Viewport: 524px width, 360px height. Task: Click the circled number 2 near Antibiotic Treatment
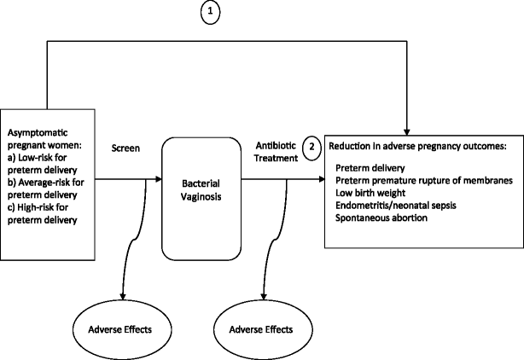312,147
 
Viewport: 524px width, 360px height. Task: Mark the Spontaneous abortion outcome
381,218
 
